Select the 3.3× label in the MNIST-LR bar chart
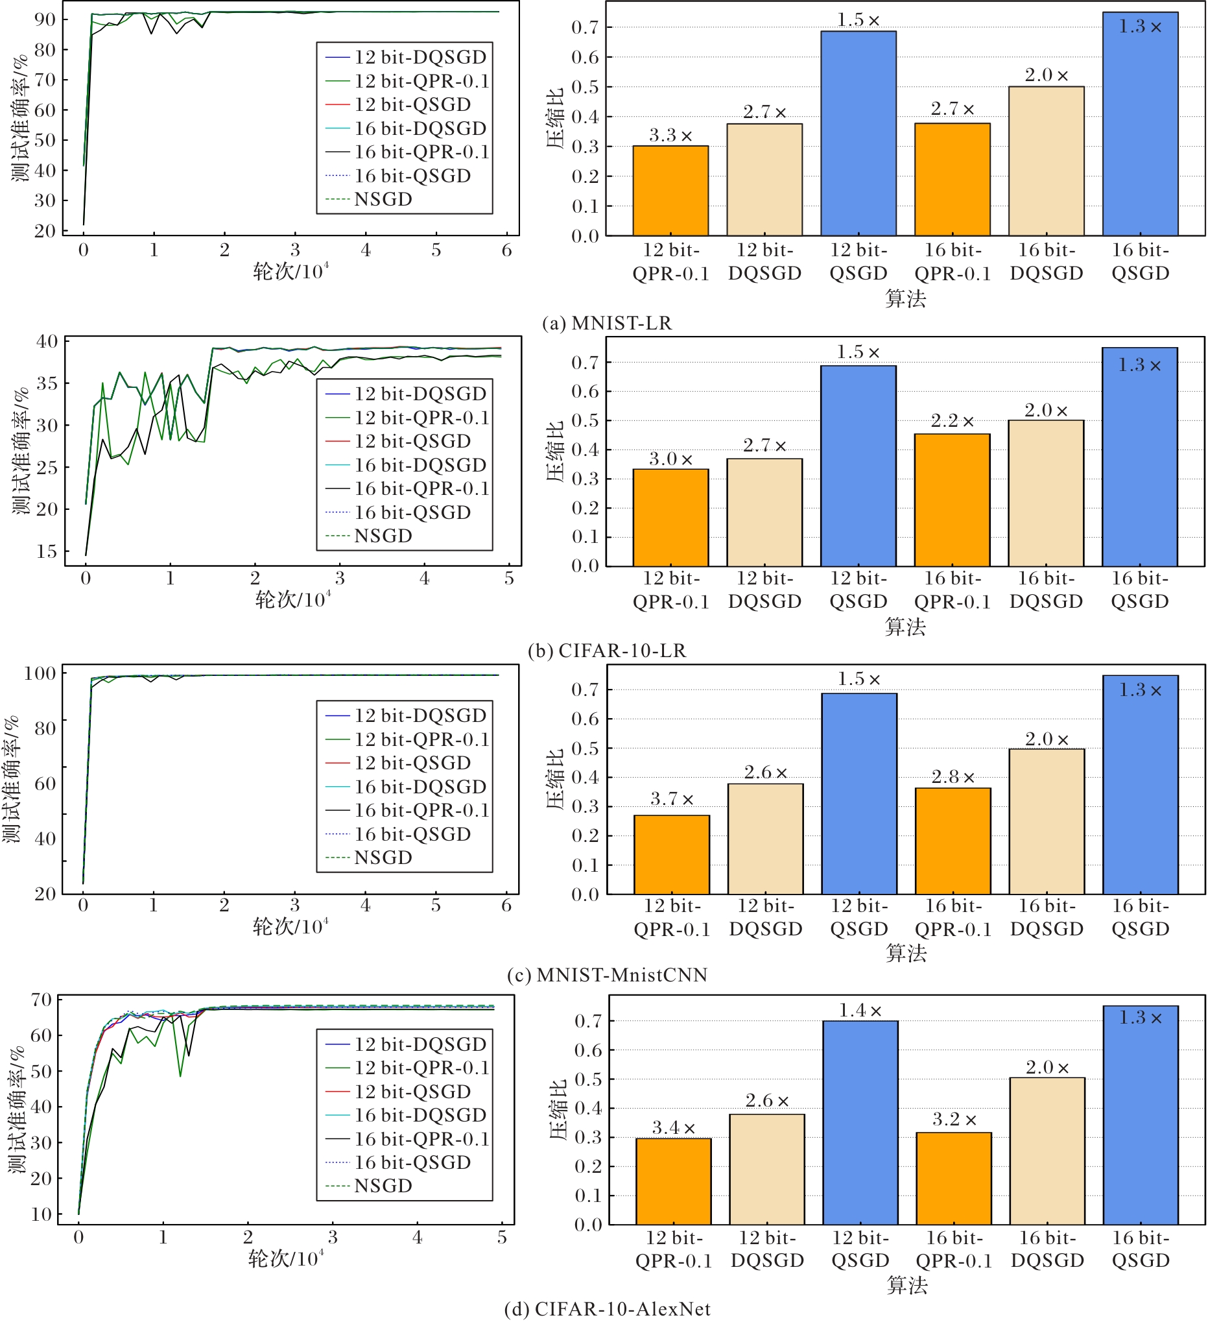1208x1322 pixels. click(x=670, y=136)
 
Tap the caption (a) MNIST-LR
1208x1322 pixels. click(x=607, y=323)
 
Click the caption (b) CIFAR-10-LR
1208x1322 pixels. click(x=607, y=651)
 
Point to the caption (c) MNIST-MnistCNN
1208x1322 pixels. click(x=607, y=975)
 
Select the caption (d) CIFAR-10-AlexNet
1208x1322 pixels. click(x=607, y=1309)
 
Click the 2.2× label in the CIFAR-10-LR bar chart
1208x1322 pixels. click(x=952, y=421)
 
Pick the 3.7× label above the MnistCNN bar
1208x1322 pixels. click(x=671, y=799)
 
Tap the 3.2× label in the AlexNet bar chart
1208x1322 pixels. click(x=954, y=1120)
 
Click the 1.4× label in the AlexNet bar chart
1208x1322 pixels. click(x=860, y=1011)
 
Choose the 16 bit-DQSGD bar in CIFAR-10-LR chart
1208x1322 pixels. click(x=1046, y=493)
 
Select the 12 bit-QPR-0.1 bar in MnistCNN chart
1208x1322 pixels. click(x=671, y=854)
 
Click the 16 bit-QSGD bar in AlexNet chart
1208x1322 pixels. click(x=1140, y=1115)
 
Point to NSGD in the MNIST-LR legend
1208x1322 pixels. click(x=383, y=199)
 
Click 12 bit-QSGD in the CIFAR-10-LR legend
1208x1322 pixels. click(x=412, y=441)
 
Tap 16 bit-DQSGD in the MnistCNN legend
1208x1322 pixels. click(x=420, y=787)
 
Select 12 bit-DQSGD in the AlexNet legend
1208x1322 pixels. click(x=420, y=1044)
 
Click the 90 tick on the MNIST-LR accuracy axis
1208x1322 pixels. click(x=45, y=19)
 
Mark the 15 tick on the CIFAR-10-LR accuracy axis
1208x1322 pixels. click(x=47, y=551)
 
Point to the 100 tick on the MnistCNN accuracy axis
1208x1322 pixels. click(x=40, y=673)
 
